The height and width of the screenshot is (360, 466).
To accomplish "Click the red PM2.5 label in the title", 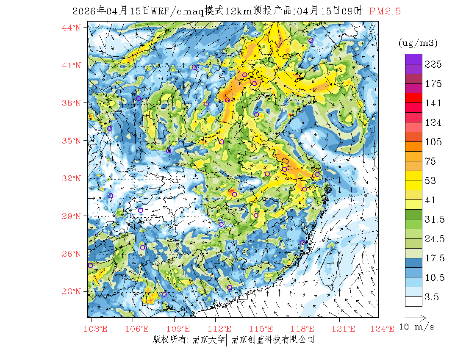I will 385,11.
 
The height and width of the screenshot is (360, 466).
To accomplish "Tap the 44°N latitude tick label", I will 72,28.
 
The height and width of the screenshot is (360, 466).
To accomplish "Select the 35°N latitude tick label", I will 72,141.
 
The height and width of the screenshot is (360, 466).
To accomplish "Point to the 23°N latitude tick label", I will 72,291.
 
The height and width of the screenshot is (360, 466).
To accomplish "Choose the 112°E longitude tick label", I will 222,329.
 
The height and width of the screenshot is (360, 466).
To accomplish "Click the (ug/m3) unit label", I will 418,43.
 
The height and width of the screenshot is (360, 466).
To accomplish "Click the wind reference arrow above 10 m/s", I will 415,317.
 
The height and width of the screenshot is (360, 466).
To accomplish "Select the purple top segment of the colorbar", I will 413,59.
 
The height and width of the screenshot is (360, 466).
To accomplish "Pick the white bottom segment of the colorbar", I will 413,301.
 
